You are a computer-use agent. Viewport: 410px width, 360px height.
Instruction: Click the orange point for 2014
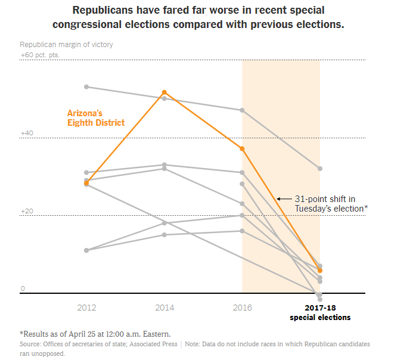pos(164,92)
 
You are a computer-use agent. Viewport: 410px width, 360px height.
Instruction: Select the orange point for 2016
pos(242,148)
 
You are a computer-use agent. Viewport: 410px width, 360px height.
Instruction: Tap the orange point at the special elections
pos(320,271)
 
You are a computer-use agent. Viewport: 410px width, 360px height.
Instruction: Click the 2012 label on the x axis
pos(86,308)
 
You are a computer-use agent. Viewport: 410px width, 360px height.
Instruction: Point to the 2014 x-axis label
pos(164,308)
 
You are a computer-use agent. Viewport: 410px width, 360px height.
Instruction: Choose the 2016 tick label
pos(242,308)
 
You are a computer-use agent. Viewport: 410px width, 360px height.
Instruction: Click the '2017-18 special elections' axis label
pos(320,312)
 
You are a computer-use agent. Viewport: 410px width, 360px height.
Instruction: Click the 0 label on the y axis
pos(23,288)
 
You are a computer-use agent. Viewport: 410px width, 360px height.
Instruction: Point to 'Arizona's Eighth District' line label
pos(95,117)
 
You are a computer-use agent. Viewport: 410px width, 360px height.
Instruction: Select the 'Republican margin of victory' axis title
pos(66,45)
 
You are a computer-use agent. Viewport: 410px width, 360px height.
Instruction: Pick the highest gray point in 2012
pos(86,87)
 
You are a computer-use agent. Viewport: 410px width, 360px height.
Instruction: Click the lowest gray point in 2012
pos(86,250)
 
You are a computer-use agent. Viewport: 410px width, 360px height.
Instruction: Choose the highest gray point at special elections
pos(320,169)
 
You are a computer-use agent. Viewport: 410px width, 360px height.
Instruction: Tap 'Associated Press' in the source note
pos(157,345)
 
